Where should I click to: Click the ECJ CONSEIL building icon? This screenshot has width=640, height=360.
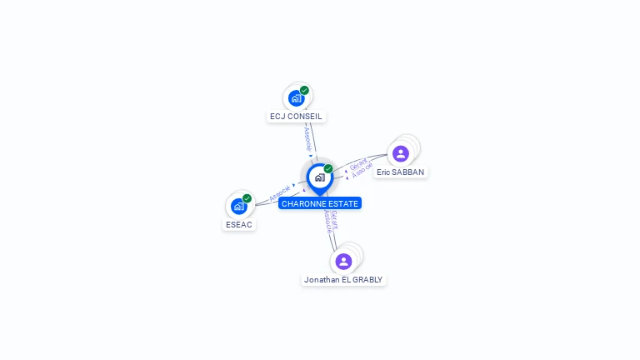tap(296, 98)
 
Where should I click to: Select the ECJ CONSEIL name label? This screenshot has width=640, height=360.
tap(296, 117)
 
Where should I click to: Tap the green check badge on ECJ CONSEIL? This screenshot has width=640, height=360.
tap(304, 90)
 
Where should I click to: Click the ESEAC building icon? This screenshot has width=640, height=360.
tap(239, 206)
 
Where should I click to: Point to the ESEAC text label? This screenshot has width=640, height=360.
tap(239, 224)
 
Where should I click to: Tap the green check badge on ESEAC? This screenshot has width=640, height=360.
tap(247, 198)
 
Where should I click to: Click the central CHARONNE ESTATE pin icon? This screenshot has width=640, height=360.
tap(319, 177)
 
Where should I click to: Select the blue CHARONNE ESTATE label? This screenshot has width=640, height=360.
tap(320, 203)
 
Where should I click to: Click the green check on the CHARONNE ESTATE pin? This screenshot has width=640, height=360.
tap(328, 169)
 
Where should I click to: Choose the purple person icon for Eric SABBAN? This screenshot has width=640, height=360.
tap(401, 153)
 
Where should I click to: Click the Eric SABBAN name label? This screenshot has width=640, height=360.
tap(400, 172)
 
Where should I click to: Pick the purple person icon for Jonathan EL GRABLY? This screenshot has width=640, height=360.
tap(343, 262)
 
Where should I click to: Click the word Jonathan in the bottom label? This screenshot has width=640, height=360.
tap(321, 280)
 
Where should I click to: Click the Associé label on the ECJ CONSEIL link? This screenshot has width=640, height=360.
tap(307, 137)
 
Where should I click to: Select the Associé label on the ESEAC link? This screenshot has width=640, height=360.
tap(280, 193)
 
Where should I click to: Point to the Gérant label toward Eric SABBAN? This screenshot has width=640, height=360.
tap(358, 162)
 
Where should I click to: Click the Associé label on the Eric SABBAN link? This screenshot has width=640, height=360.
tap(362, 170)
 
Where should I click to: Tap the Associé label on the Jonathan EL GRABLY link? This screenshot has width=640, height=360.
tap(327, 222)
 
